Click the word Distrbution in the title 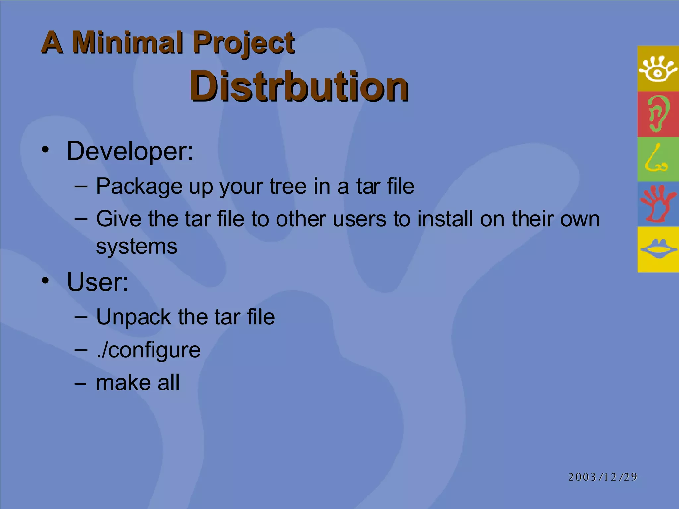[299, 86]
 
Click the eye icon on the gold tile [657, 69]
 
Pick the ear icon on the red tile [657, 114]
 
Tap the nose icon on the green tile [656, 159]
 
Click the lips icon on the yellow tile [658, 249]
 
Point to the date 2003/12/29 [602, 477]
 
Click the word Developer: [130, 151]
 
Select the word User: [97, 282]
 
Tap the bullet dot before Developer [45, 150]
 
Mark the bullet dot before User [45, 281]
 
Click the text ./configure [148, 350]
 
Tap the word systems [137, 247]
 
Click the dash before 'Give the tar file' [81, 219]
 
